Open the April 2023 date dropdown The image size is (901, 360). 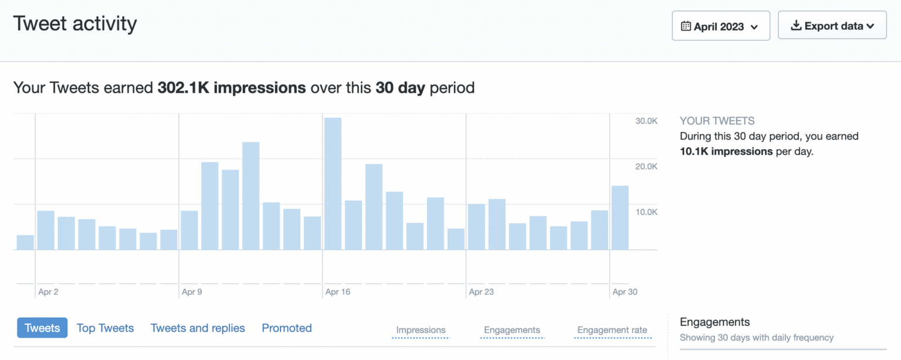pyautogui.click(x=720, y=26)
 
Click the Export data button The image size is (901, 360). pyautogui.click(x=832, y=26)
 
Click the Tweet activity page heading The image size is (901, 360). pyautogui.click(x=75, y=23)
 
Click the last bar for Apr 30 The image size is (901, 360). pyautogui.click(x=620, y=218)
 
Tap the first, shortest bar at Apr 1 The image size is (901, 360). pyautogui.click(x=25, y=242)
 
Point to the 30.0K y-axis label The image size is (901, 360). pyautogui.click(x=646, y=121)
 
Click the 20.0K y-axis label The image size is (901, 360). pyautogui.click(x=646, y=167)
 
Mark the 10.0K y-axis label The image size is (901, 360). pyautogui.click(x=646, y=212)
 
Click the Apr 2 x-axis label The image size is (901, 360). pyautogui.click(x=48, y=291)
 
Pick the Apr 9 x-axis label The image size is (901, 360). pyautogui.click(x=192, y=291)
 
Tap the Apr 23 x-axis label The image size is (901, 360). pyautogui.click(x=481, y=291)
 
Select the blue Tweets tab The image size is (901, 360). pyautogui.click(x=42, y=328)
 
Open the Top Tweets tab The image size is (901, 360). pyautogui.click(x=105, y=328)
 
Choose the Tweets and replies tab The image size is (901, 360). pyautogui.click(x=198, y=328)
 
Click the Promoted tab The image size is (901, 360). pyautogui.click(x=287, y=328)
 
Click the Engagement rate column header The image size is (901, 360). pyautogui.click(x=612, y=330)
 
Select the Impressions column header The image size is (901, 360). pyautogui.click(x=421, y=330)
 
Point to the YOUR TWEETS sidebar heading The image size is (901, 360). pyautogui.click(x=717, y=121)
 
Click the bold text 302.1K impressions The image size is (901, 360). pyautogui.click(x=232, y=88)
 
